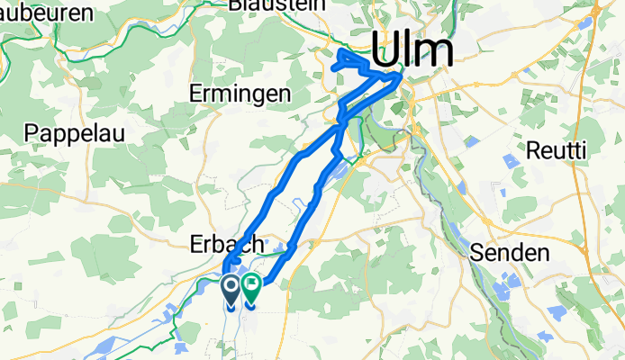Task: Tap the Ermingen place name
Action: coord(240,94)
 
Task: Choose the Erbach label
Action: coord(226,244)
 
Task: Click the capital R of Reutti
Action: coord(533,148)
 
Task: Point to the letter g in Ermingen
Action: coord(267,96)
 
